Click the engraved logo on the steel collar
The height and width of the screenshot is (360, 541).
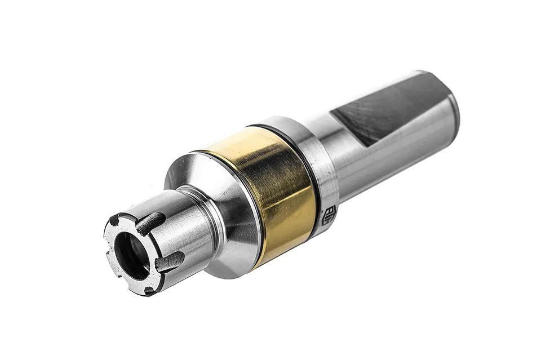coord(329,215)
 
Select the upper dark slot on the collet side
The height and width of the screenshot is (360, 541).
coord(150,223)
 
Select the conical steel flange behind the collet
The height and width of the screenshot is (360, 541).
coord(225,220)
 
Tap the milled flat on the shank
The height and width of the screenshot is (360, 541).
coord(389,107)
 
